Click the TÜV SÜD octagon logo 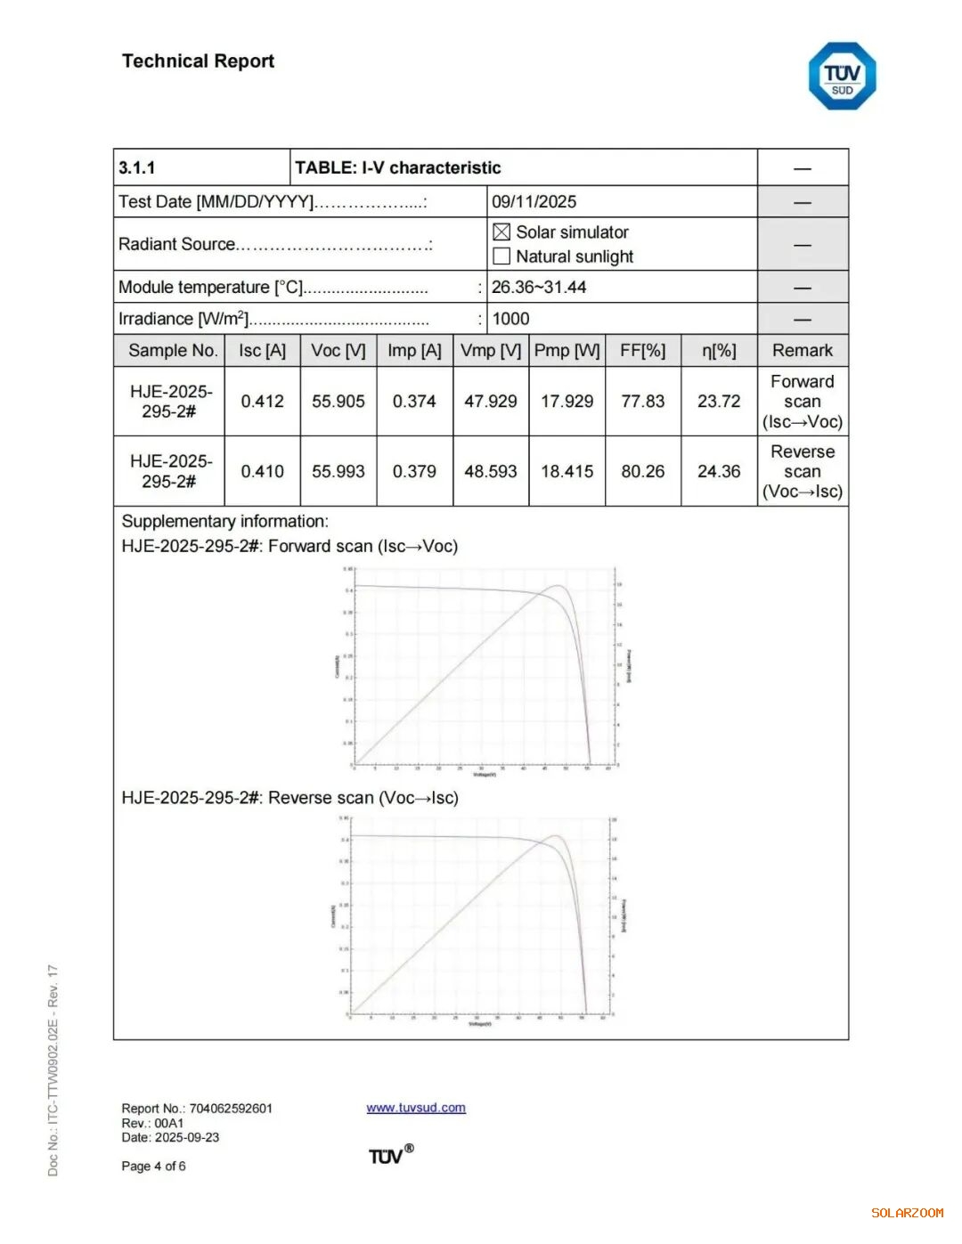[x=842, y=77]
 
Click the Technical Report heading [x=198, y=61]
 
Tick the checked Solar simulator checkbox [x=501, y=232]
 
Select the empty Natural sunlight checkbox [x=501, y=256]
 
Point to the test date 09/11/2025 [x=534, y=202]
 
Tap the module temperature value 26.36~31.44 [x=539, y=288]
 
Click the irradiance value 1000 [x=510, y=319]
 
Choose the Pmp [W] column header [x=567, y=351]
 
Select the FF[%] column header [x=642, y=351]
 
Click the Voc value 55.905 [x=338, y=402]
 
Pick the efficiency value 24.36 [x=719, y=471]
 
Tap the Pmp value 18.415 [x=567, y=471]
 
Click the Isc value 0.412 [x=262, y=402]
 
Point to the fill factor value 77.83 [x=642, y=402]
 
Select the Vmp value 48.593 [x=490, y=471]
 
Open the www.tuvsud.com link [x=416, y=1108]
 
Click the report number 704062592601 [x=231, y=1109]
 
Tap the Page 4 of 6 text [x=153, y=1167]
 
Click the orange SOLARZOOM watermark [x=907, y=1213]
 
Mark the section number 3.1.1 [x=137, y=168]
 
